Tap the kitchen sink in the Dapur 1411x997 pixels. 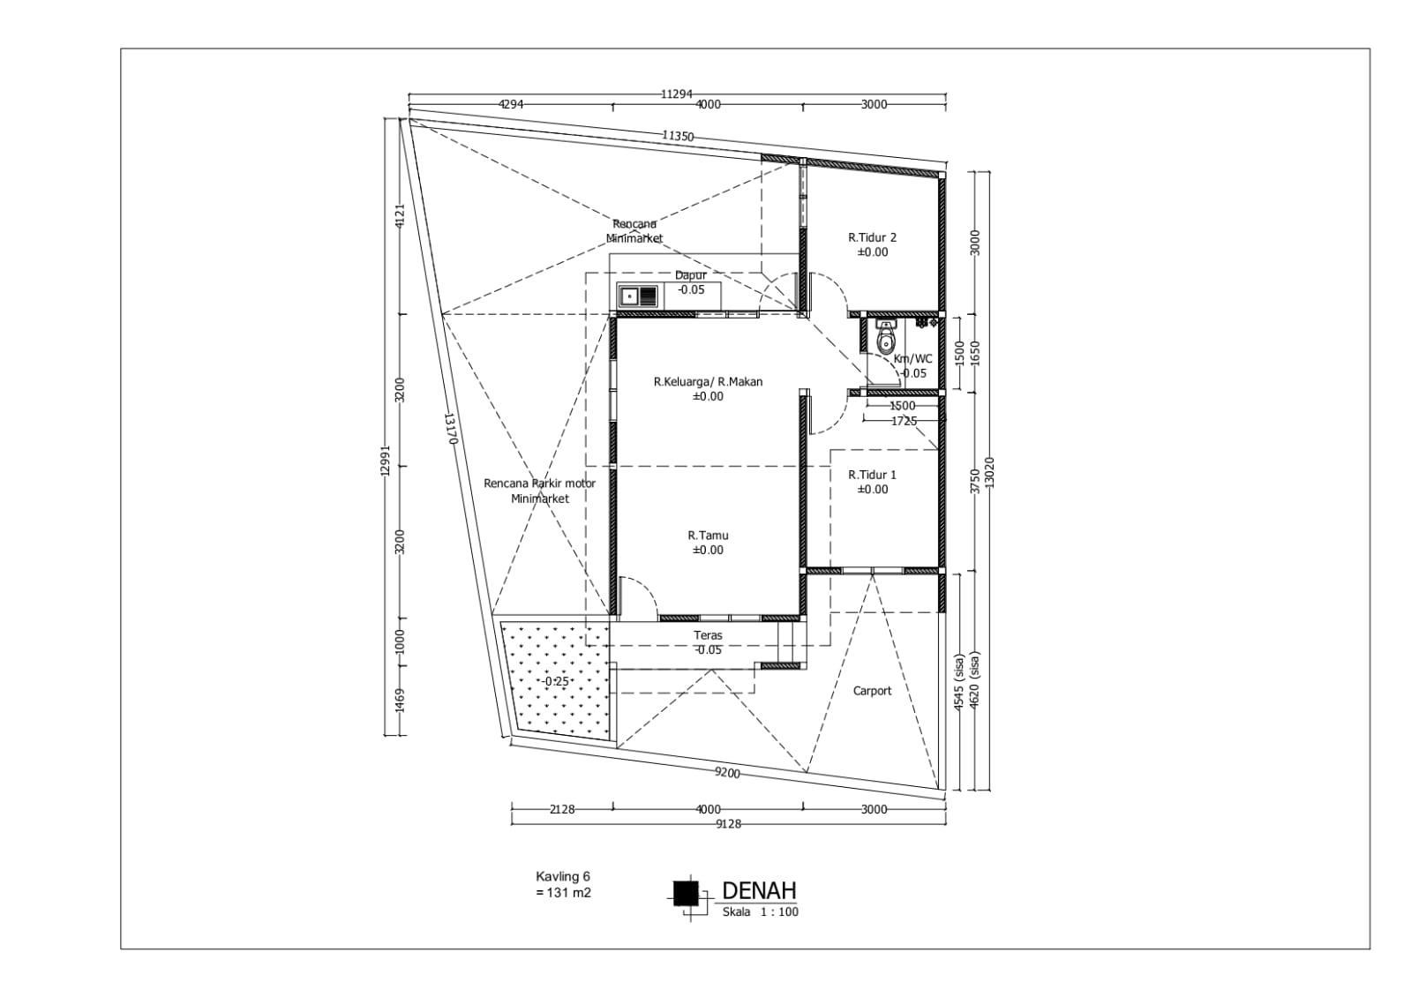click(639, 296)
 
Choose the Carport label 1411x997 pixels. click(873, 691)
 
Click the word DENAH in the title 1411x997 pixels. click(759, 890)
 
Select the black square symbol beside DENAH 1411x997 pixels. click(686, 893)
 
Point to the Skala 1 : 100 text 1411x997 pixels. click(761, 912)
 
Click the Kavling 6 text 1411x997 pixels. click(563, 876)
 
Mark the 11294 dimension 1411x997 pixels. click(677, 94)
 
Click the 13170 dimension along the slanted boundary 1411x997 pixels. click(450, 429)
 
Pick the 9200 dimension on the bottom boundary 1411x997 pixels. click(727, 773)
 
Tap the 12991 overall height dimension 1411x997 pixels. click(386, 461)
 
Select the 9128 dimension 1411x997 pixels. click(728, 824)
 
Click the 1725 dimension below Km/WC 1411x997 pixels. click(904, 421)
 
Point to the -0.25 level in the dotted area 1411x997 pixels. click(556, 681)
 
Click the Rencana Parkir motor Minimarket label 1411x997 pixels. click(540, 491)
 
